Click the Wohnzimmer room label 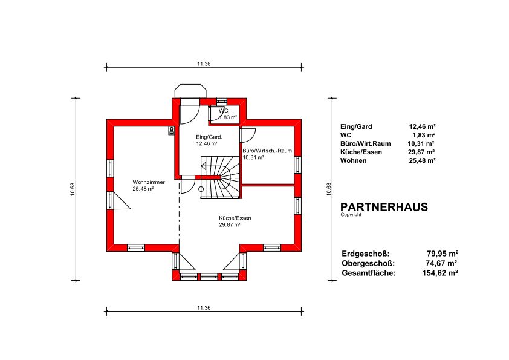(x=149, y=182)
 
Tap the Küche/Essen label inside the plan (x=235, y=218)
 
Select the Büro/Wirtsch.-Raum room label (x=267, y=151)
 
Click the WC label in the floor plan (x=223, y=111)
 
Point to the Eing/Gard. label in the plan (x=209, y=137)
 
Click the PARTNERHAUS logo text (x=384, y=207)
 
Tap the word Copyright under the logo (x=351, y=215)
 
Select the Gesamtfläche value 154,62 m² (x=440, y=273)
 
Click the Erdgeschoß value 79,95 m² (x=442, y=254)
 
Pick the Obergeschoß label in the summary (x=368, y=263)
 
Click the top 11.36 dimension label (x=204, y=64)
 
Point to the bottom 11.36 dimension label (x=204, y=308)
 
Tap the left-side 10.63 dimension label (x=73, y=189)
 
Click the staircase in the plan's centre (x=220, y=177)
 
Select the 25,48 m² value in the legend (x=422, y=160)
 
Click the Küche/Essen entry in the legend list (x=361, y=152)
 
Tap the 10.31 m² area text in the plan (x=253, y=157)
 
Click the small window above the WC (x=222, y=100)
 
